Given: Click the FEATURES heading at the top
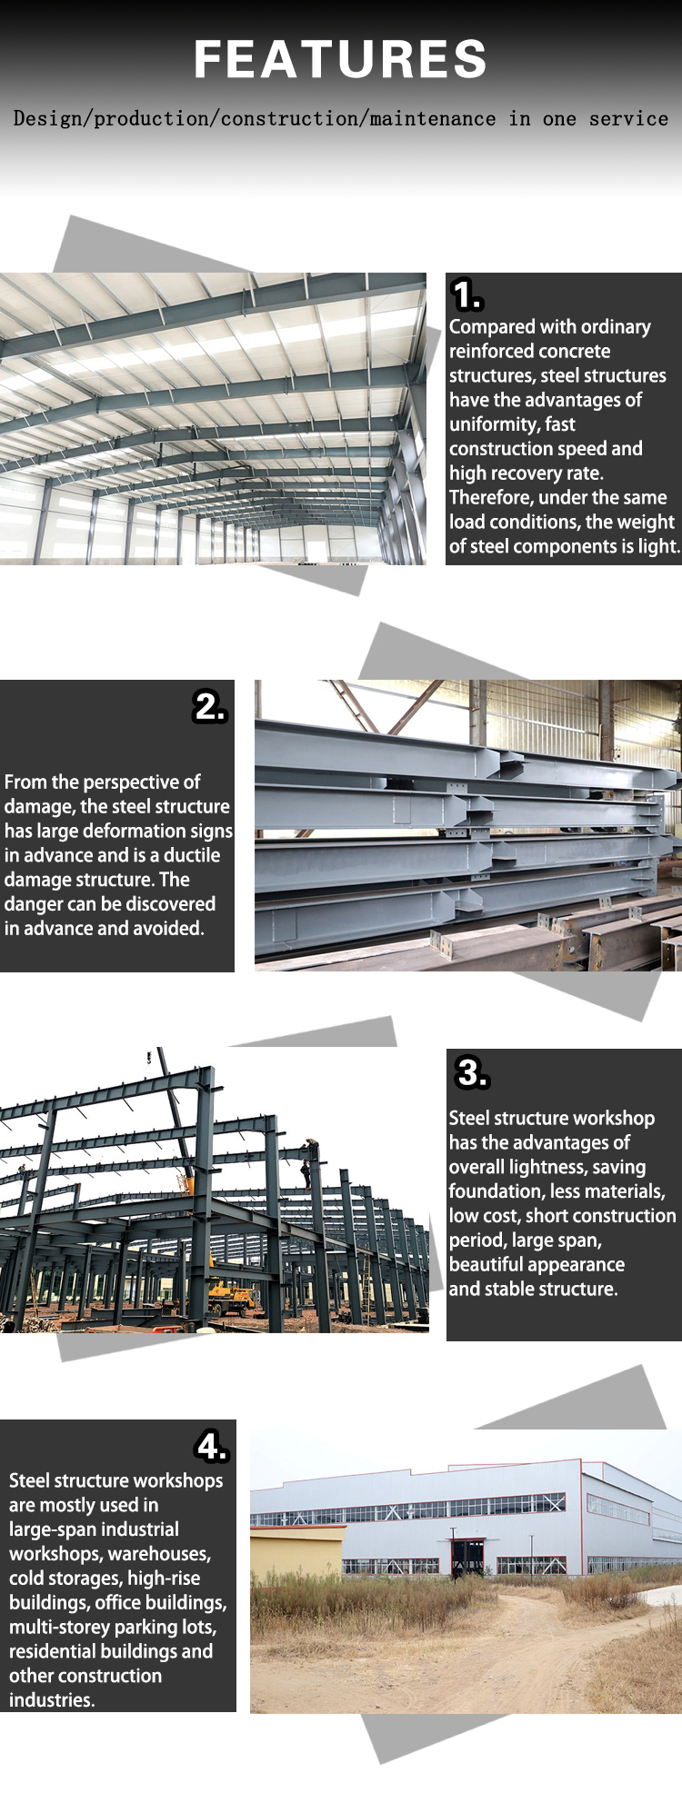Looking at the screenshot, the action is [340, 59].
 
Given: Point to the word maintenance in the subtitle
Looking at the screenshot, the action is [433, 119].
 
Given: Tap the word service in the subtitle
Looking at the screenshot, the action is [628, 119].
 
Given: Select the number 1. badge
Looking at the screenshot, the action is [467, 295].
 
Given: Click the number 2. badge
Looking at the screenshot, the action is [209, 706].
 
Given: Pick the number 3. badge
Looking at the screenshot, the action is [472, 1072].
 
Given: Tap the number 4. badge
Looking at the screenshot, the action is [212, 1446].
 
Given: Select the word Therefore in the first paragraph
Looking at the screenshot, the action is [490, 498].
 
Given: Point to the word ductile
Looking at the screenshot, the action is [192, 855].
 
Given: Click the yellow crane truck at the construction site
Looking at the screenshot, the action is [232, 1296].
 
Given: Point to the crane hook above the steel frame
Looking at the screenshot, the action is [149, 1056].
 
